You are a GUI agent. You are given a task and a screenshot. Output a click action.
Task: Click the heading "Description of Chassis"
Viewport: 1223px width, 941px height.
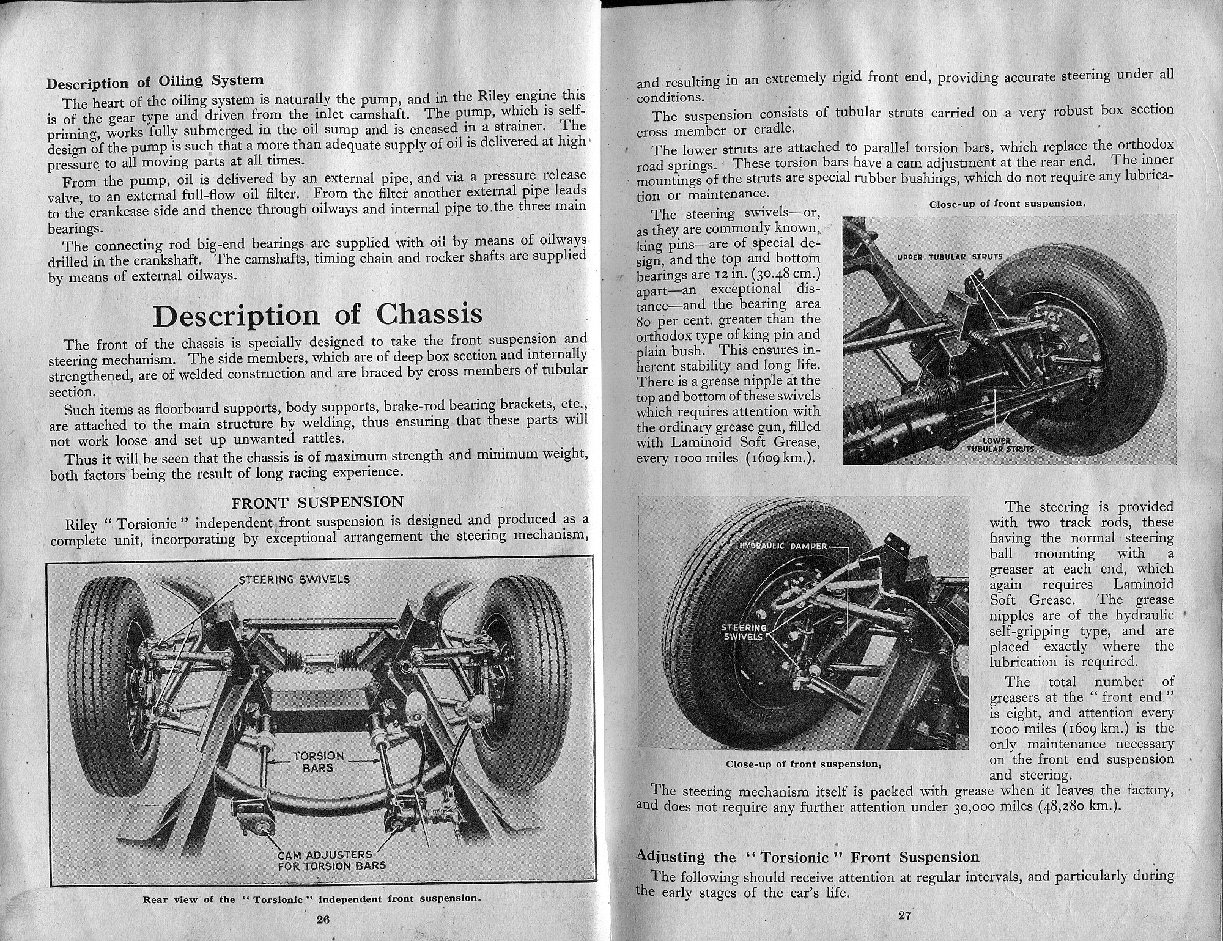click(317, 315)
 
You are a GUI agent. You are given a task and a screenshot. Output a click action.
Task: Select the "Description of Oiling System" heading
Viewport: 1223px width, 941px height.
click(155, 81)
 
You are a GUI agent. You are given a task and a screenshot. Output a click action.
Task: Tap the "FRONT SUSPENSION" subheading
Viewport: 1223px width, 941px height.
click(317, 503)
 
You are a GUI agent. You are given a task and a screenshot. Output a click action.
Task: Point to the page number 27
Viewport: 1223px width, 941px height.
click(906, 915)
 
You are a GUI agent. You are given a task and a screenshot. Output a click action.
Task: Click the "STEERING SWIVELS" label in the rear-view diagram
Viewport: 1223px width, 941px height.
click(294, 579)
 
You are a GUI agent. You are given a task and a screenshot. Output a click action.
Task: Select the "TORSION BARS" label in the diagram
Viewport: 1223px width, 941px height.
click(318, 762)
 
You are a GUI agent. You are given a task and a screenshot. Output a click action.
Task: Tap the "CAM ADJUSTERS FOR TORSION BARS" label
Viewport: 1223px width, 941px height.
click(331, 860)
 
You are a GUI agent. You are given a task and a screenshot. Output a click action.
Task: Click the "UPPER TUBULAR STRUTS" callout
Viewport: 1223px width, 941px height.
click(950, 257)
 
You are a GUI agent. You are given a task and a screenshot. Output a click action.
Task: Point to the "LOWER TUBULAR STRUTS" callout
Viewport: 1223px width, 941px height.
click(1000, 445)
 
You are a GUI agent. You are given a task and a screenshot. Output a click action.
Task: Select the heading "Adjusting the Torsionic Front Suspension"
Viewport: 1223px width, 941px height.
click(808, 857)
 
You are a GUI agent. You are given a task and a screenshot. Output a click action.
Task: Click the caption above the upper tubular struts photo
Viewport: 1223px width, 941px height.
click(1007, 204)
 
